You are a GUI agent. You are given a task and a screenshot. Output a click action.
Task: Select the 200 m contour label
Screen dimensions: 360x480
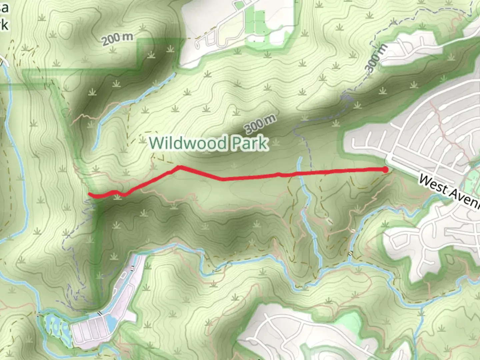(x=117, y=39)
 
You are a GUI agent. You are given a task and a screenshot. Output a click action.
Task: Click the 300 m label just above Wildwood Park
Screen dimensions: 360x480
(x=260, y=123)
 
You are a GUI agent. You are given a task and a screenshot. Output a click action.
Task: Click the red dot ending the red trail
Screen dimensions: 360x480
(x=385, y=170)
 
